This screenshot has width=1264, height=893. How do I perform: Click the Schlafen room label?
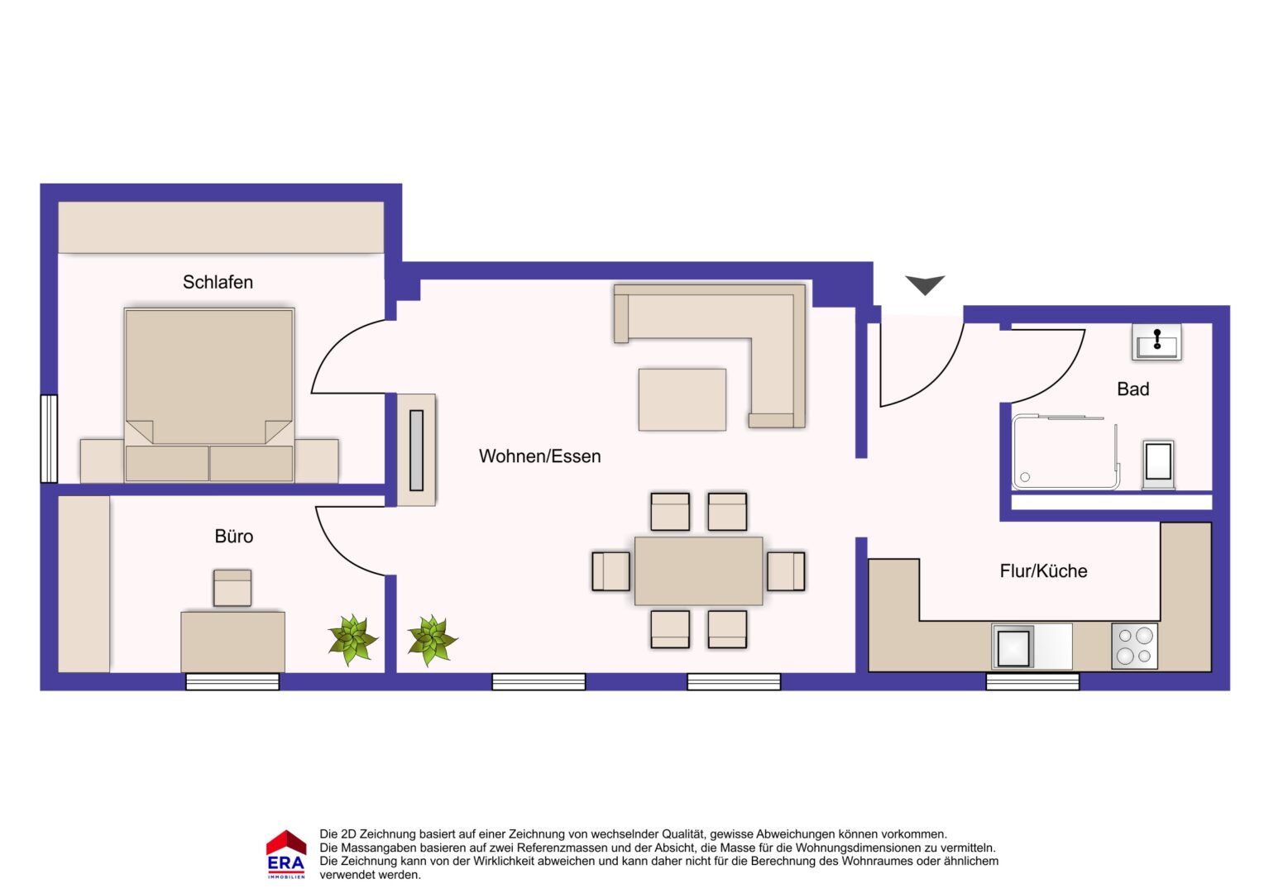coord(218,282)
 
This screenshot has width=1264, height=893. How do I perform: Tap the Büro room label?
coord(233,536)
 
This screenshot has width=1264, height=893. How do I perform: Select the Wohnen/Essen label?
coord(539,456)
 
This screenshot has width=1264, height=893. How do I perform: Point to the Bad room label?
coord(1133,389)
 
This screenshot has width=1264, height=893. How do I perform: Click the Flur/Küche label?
coord(1043,571)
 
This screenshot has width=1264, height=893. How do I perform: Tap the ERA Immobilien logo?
coord(286,854)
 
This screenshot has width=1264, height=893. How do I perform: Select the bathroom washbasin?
coord(1156,341)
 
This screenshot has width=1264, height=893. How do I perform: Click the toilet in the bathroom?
coord(1158,464)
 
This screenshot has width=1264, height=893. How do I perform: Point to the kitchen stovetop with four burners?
coord(1135,646)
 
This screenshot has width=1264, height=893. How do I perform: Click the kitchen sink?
coord(1013,647)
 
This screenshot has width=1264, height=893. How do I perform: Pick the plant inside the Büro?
coord(353,640)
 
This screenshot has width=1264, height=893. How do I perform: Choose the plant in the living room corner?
coord(433,641)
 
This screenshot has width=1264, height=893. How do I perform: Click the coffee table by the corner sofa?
coord(682,400)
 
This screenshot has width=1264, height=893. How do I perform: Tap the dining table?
coord(698,571)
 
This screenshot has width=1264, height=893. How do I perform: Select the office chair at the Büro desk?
coord(232,588)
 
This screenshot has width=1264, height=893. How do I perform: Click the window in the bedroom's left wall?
coord(49,439)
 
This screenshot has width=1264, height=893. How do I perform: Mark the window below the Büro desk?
coord(232,681)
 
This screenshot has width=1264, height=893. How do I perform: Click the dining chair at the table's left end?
coord(611,571)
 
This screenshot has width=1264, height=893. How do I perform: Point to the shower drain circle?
coord(1025,477)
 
